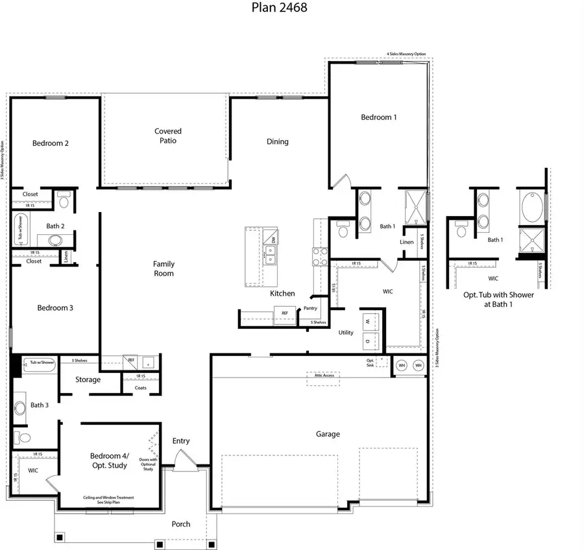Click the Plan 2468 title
(x=279, y=8)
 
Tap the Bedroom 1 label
(x=379, y=117)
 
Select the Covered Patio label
(x=168, y=136)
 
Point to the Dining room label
(x=278, y=141)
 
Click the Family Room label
(x=164, y=269)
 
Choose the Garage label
(x=328, y=434)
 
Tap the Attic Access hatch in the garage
(x=323, y=379)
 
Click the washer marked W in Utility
(x=367, y=321)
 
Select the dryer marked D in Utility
(x=367, y=340)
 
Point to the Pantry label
(x=310, y=308)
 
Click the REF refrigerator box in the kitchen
(x=284, y=314)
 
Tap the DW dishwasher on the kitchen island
(x=273, y=240)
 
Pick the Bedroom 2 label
(x=51, y=143)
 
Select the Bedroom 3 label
(x=55, y=308)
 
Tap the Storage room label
(x=88, y=379)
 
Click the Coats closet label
(x=141, y=388)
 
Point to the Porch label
(x=181, y=523)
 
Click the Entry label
(x=181, y=441)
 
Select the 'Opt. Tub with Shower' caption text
(x=498, y=294)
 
